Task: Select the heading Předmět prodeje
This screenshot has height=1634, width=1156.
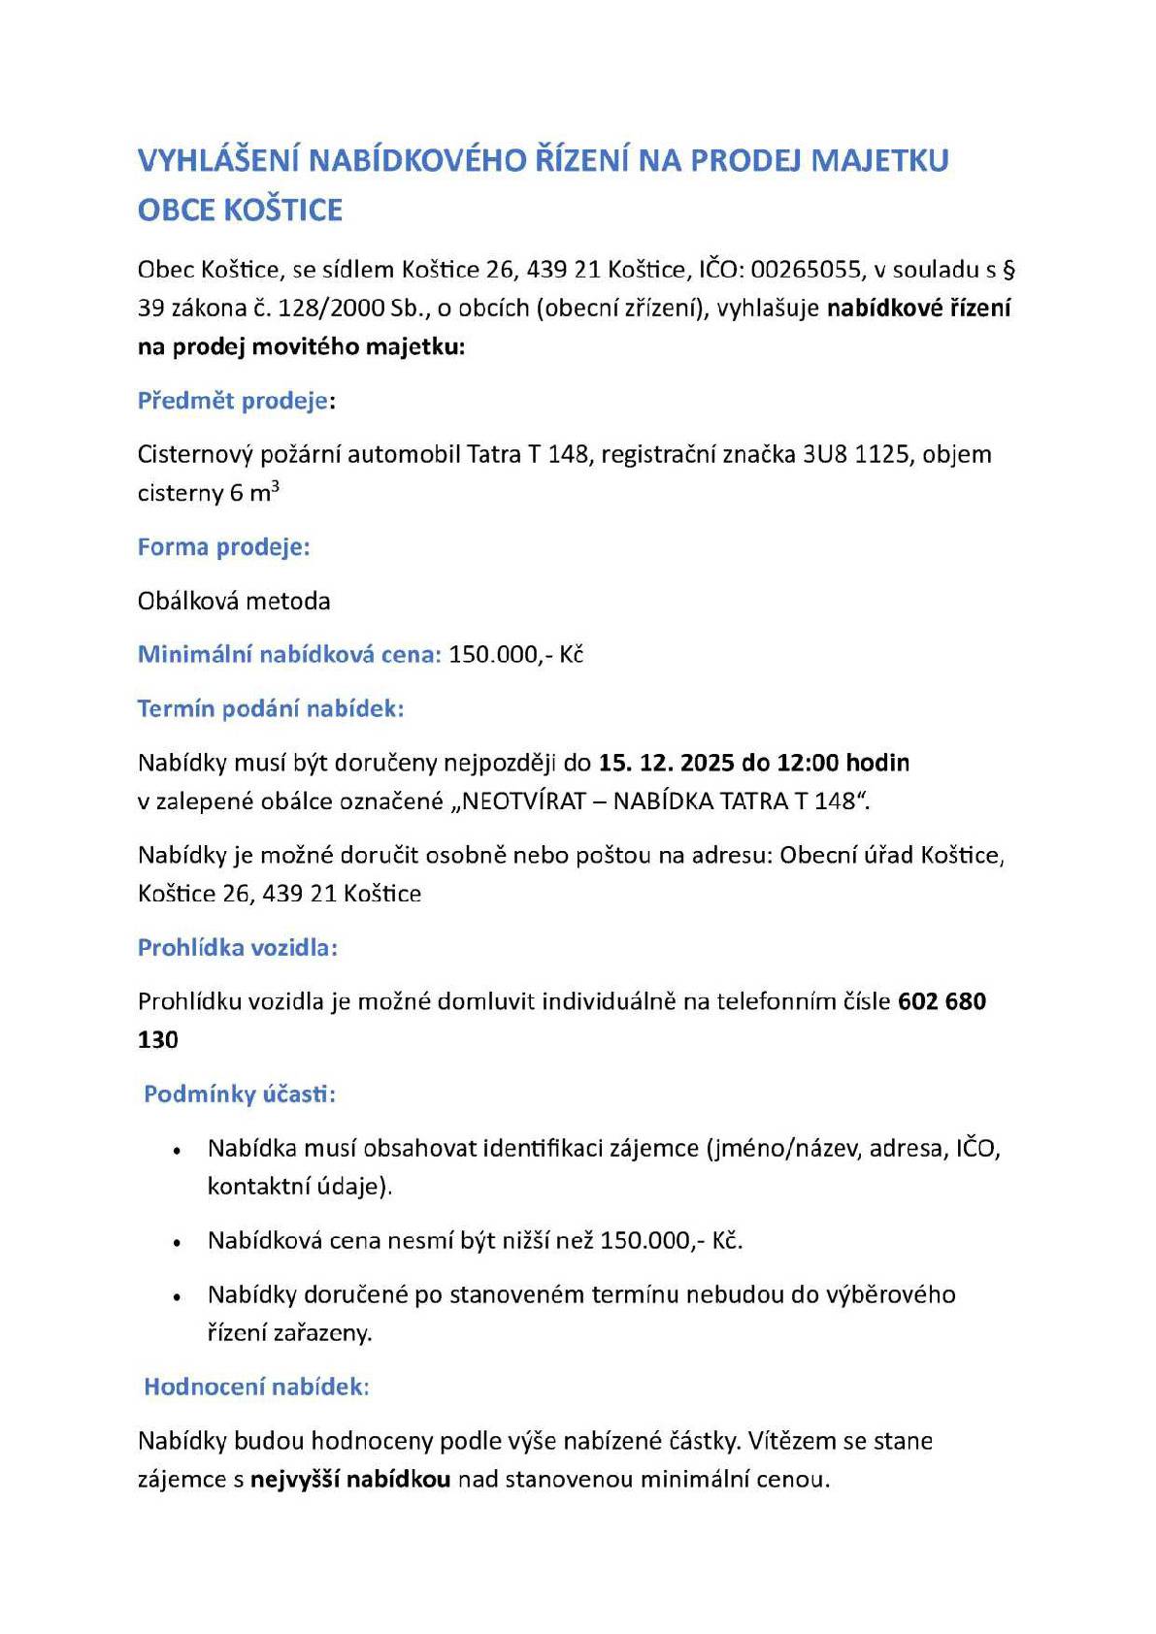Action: point(233,401)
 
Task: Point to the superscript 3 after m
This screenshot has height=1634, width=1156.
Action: point(275,486)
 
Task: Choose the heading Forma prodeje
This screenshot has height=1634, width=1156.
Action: point(223,547)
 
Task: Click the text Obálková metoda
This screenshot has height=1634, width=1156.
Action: point(234,602)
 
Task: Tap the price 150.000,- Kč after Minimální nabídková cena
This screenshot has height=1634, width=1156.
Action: point(515,655)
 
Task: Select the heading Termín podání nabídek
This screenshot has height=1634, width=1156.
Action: point(270,709)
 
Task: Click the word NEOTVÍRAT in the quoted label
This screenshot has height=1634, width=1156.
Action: point(524,801)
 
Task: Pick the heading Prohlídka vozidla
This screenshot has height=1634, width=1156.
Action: point(237,948)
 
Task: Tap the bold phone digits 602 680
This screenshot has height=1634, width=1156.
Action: point(941,1001)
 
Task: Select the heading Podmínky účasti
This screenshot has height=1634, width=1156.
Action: point(239,1095)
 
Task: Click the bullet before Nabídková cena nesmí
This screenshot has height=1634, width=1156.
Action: point(177,1243)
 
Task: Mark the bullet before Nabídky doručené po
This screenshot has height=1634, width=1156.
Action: point(177,1297)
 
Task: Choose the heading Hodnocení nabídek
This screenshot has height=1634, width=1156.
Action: point(256,1387)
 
